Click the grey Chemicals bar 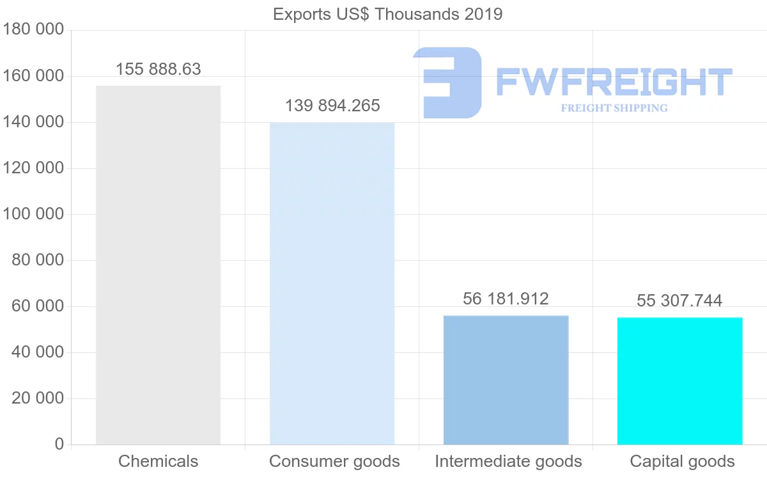click(x=158, y=265)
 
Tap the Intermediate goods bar click(x=506, y=380)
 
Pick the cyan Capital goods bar click(x=679, y=381)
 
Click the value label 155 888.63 click(x=159, y=69)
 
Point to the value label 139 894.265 click(x=332, y=106)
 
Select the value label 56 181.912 click(x=506, y=299)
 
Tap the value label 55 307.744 click(x=679, y=301)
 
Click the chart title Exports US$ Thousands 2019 click(x=387, y=14)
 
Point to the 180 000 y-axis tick click(x=33, y=30)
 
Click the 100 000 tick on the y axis click(x=33, y=214)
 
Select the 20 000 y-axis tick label click(x=38, y=398)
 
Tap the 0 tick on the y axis click(x=59, y=445)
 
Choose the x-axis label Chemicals click(x=159, y=461)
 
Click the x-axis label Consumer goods click(x=334, y=461)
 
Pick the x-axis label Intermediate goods click(x=508, y=461)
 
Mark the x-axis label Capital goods click(x=682, y=461)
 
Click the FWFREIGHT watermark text click(x=614, y=83)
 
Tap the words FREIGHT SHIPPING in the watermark click(x=614, y=108)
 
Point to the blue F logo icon click(x=447, y=83)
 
